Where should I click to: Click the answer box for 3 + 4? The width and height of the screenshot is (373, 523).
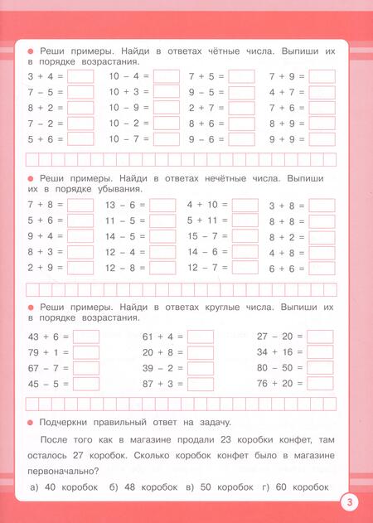80,76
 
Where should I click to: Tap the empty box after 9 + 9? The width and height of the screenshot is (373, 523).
322,139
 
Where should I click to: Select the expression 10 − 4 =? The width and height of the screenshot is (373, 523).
128,76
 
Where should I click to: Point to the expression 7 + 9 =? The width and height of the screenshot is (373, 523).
287,76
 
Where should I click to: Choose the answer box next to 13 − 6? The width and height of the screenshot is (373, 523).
163,206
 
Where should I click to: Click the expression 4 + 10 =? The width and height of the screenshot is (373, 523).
201,205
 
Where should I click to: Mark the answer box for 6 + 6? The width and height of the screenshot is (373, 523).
322,269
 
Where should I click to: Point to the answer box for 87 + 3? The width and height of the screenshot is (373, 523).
201,384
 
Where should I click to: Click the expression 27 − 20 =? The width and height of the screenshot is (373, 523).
279,337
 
